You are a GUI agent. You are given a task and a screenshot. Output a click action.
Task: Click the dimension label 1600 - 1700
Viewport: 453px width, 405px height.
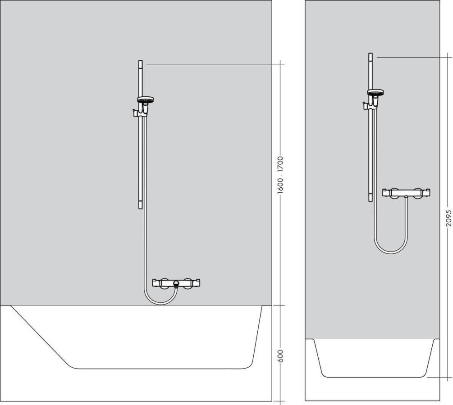coord(280,175)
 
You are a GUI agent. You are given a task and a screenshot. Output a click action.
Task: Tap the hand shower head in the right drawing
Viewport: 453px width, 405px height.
coord(375,93)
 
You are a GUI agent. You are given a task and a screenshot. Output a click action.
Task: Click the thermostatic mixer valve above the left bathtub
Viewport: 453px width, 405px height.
coord(176,283)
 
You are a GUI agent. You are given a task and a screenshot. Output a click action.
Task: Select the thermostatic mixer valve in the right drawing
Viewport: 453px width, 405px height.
coord(406,193)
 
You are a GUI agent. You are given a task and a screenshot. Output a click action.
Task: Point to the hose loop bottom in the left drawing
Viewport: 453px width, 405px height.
coord(160,304)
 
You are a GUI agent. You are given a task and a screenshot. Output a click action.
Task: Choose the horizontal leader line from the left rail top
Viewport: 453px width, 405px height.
coord(212,65)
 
